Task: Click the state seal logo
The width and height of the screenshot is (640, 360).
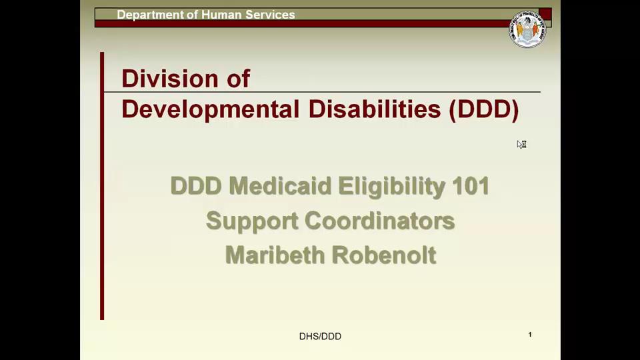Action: click(x=527, y=29)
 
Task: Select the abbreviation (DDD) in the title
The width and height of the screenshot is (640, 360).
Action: click(x=484, y=109)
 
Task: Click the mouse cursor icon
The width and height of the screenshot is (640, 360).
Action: click(x=521, y=144)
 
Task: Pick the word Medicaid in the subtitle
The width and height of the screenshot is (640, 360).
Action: click(x=280, y=186)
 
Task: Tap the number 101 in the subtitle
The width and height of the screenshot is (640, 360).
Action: click(x=471, y=186)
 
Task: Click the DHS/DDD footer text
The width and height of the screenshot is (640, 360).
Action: click(x=320, y=337)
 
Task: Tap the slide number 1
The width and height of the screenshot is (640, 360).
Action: click(x=530, y=335)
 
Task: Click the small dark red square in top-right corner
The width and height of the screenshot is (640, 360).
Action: click(x=545, y=14)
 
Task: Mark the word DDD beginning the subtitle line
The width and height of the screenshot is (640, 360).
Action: click(x=195, y=186)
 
